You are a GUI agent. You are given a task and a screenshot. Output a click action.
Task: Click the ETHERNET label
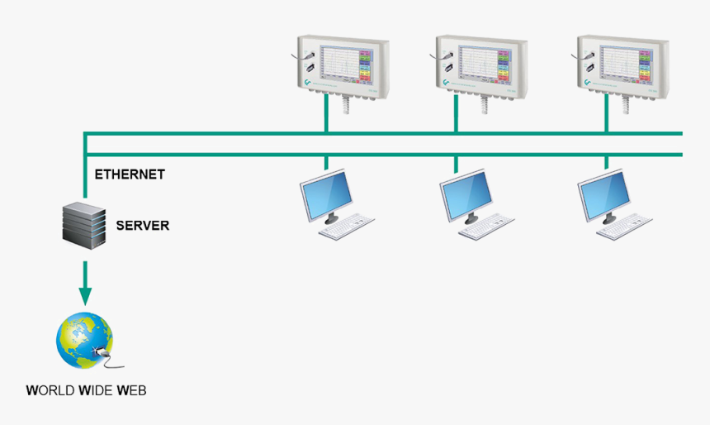(x=130, y=174)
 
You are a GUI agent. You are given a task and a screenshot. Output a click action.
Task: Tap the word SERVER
(x=142, y=225)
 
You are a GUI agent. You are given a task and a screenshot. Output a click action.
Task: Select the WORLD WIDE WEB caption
(x=86, y=389)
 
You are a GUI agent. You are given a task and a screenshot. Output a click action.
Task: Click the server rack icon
(x=85, y=222)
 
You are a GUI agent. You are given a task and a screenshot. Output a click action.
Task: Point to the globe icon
(x=83, y=340)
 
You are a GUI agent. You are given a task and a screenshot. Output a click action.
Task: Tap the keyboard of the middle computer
(x=487, y=227)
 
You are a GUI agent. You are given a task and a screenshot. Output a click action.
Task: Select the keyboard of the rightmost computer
(x=625, y=227)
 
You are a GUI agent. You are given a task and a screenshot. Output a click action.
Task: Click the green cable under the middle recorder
(x=456, y=119)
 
